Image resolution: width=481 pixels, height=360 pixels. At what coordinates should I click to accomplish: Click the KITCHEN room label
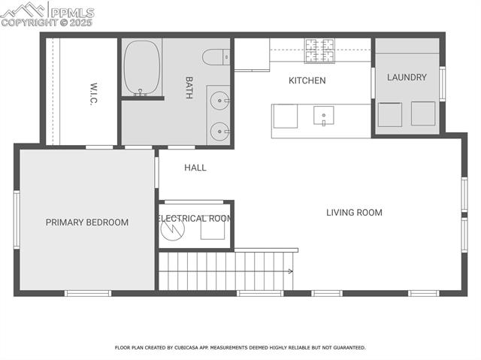tap(307, 80)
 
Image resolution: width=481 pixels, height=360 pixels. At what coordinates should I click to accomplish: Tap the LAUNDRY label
tap(407, 77)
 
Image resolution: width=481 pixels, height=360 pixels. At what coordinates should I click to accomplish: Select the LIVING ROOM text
tap(354, 213)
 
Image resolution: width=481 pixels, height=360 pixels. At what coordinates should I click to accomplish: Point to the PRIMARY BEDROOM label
tap(87, 222)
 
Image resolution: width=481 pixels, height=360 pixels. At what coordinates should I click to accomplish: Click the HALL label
tap(195, 168)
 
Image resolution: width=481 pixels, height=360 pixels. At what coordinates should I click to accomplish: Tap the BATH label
tap(190, 81)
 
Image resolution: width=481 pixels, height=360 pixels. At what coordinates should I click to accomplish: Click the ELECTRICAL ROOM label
tap(195, 219)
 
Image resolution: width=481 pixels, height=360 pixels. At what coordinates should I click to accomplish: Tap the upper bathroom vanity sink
tap(219, 100)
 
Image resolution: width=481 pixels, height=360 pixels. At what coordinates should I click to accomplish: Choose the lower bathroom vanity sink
tap(219, 129)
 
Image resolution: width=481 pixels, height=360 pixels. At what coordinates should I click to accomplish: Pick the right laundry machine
tap(423, 113)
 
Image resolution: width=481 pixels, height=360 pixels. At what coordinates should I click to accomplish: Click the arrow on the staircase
tap(289, 271)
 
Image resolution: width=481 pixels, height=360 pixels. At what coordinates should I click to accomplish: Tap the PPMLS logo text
tap(72, 13)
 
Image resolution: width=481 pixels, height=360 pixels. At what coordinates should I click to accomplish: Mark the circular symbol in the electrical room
tap(173, 227)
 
